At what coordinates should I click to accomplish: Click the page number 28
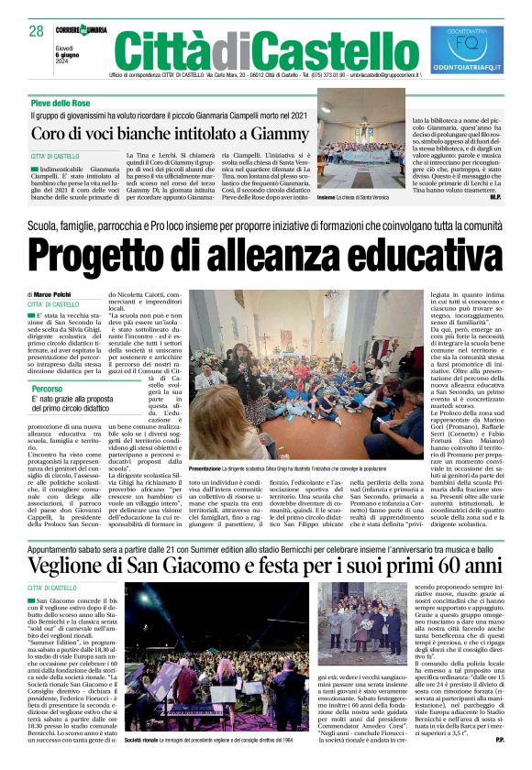[37, 31]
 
